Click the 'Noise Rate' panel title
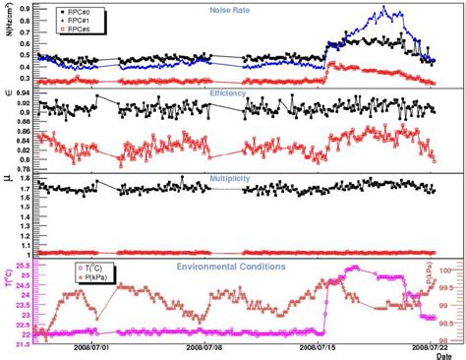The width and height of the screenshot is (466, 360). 228,10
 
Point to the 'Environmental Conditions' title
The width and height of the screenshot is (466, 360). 231,267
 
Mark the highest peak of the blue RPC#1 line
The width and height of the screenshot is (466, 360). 382,9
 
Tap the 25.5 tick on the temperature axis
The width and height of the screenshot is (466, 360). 22,265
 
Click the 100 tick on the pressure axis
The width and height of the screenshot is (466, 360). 444,269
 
